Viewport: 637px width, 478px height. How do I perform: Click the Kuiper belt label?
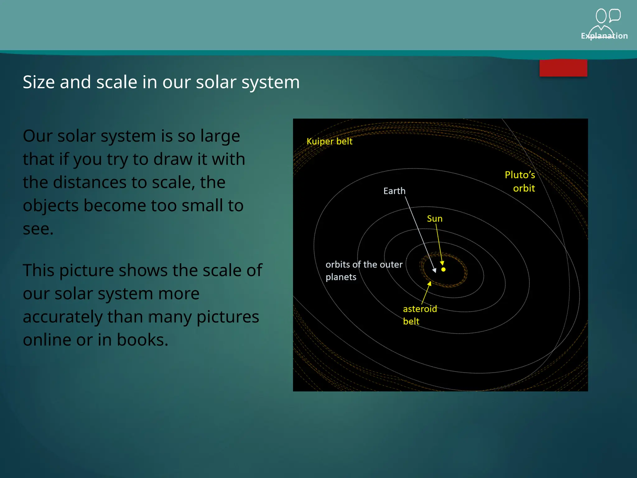coord(329,141)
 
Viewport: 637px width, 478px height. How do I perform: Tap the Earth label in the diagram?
coord(394,191)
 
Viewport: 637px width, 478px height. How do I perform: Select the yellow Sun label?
coord(434,219)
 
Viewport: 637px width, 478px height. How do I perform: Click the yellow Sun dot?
coord(443,269)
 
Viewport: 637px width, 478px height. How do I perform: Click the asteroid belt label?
coord(419,315)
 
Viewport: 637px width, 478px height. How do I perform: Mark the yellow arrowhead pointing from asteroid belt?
coord(429,284)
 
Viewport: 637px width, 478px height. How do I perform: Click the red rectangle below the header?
coord(563,68)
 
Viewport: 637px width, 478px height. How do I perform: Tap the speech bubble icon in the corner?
coord(615,15)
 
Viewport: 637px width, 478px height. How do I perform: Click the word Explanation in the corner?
coord(604,36)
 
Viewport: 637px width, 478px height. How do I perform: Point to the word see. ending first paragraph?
coord(38,229)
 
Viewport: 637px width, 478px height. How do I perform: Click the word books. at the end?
coord(142,340)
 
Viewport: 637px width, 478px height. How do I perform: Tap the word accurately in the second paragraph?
coord(63,316)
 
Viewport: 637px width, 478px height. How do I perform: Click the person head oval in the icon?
coord(601,16)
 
